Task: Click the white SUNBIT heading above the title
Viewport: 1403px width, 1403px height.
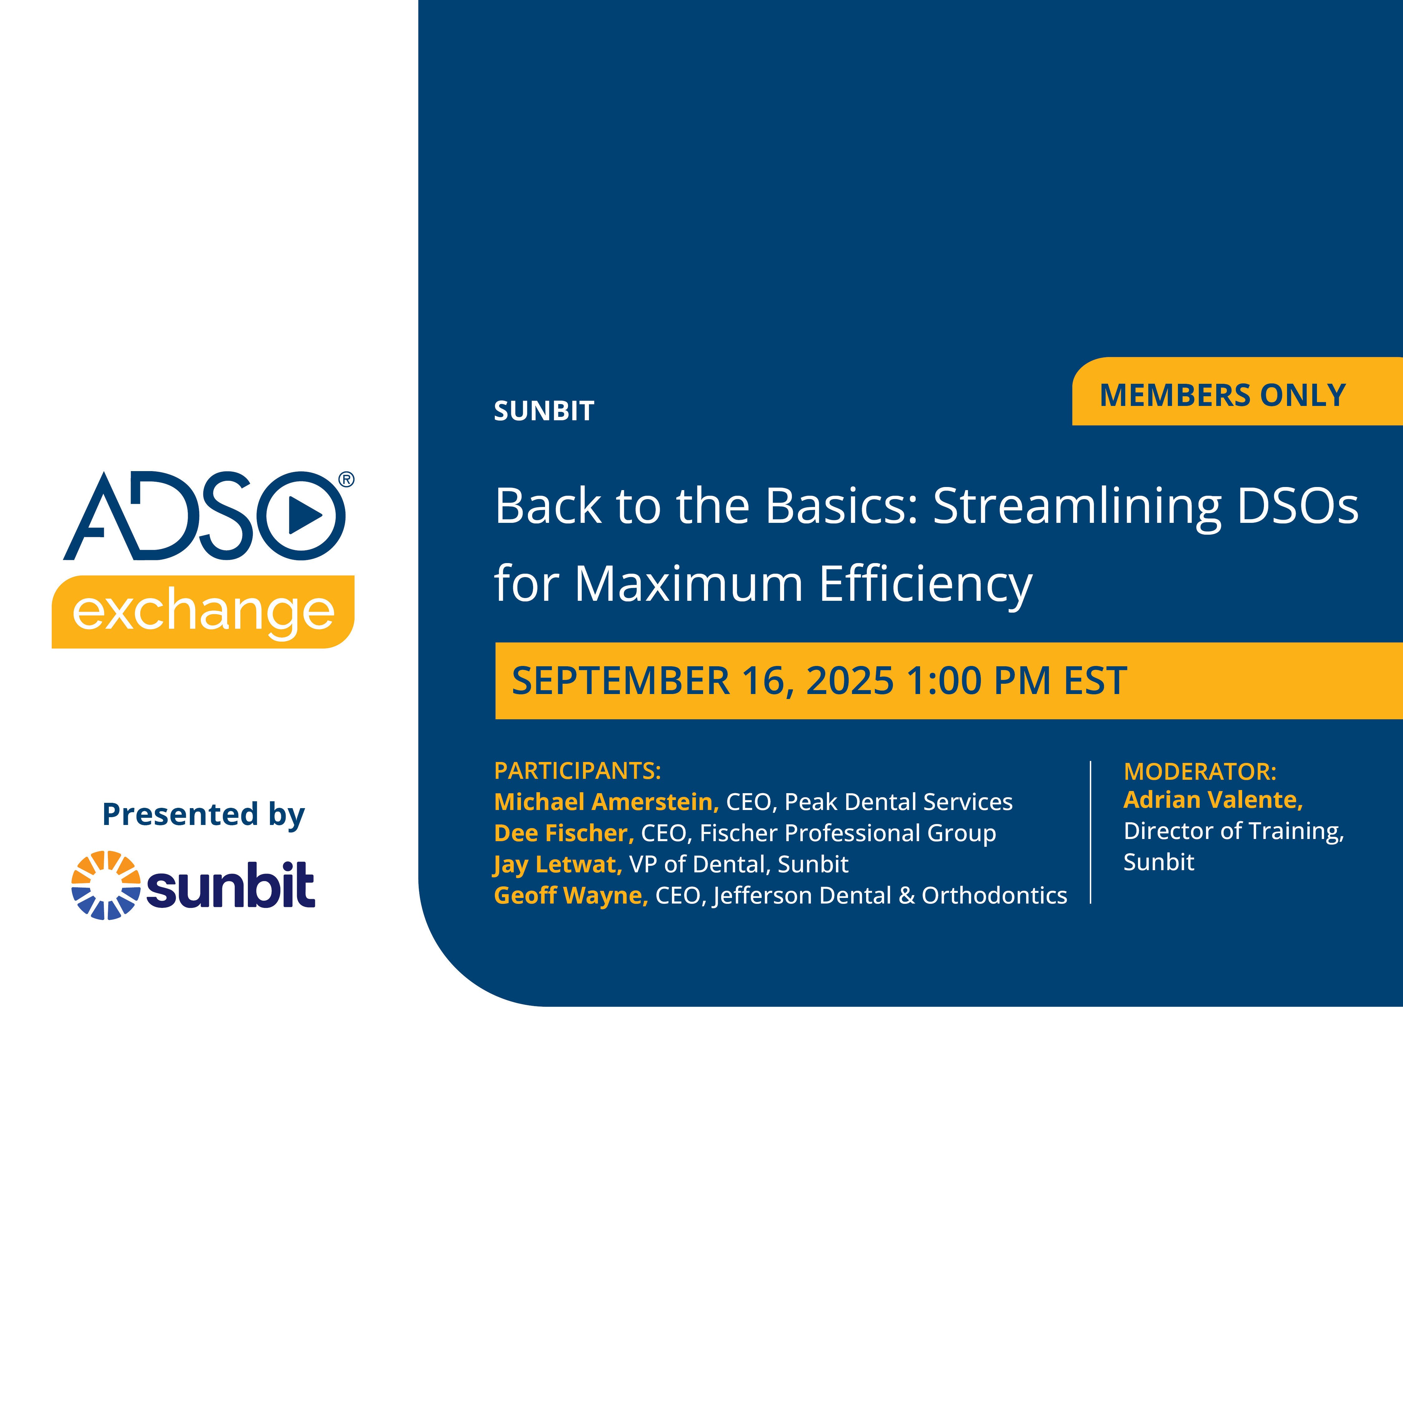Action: click(x=544, y=411)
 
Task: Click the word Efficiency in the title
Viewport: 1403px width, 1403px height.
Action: click(x=926, y=584)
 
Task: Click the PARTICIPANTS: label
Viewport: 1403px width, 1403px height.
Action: click(x=577, y=770)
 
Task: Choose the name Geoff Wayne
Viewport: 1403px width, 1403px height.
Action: click(x=571, y=895)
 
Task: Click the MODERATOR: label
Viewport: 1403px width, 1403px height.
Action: click(x=1200, y=771)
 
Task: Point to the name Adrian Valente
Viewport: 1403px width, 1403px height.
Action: click(x=1213, y=799)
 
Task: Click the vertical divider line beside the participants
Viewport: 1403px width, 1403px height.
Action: click(x=1091, y=832)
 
